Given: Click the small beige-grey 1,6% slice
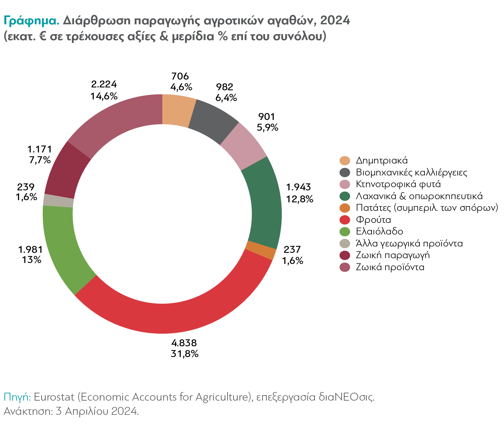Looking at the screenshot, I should [59, 201].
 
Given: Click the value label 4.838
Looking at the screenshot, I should [184, 343].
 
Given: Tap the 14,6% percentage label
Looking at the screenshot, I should [104, 96].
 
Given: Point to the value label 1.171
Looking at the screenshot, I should [39, 149].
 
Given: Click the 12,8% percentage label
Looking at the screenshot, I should [299, 199].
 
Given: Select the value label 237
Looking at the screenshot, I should [292, 250].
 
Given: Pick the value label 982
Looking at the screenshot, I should [225, 87].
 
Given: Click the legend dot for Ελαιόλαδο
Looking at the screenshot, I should [345, 232].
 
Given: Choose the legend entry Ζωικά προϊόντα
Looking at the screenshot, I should [390, 267].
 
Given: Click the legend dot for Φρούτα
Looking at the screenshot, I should [345, 220].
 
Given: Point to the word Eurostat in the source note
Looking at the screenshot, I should [54, 397].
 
